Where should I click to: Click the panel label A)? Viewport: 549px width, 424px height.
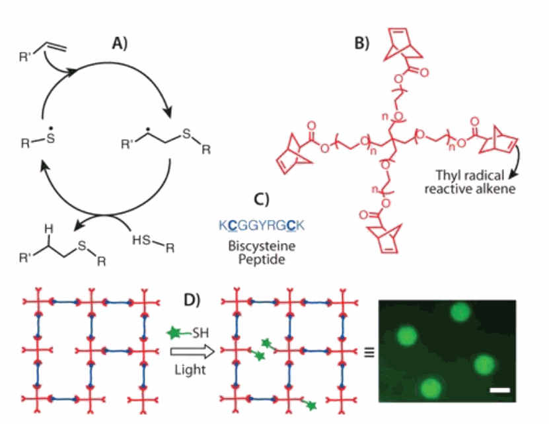point(120,44)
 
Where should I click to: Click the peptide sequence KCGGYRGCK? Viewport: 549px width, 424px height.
point(262,225)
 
